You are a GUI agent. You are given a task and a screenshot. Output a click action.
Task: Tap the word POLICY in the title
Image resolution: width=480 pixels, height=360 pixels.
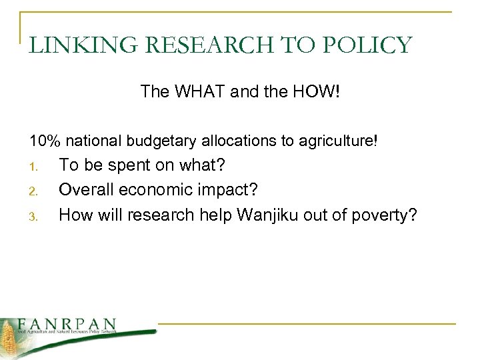tap(371, 45)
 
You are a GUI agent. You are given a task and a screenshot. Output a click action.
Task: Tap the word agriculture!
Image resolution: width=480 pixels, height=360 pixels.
tap(341, 141)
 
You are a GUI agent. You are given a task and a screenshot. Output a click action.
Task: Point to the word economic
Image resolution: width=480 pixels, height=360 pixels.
tap(157, 190)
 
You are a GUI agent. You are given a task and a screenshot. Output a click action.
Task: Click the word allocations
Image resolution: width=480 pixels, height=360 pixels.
tap(225, 141)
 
